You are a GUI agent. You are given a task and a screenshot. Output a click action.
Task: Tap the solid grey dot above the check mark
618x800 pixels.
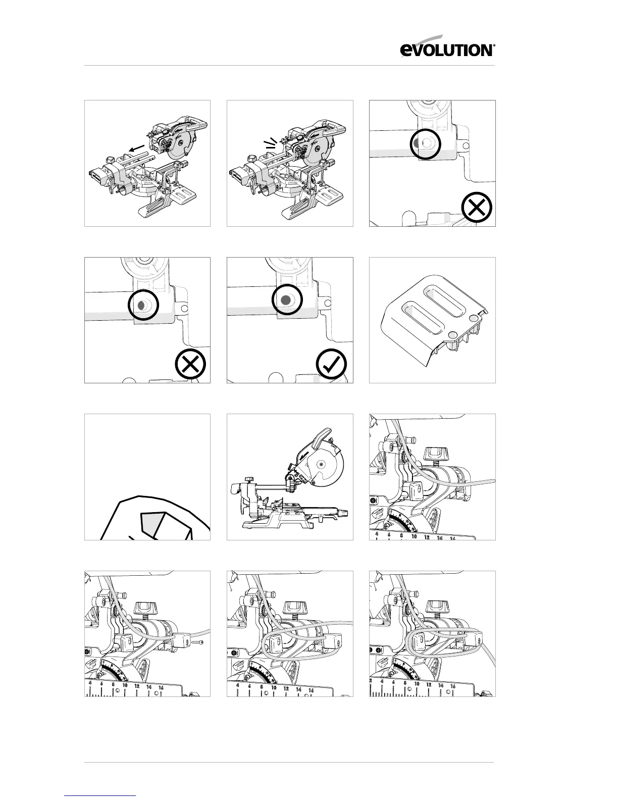[285, 300]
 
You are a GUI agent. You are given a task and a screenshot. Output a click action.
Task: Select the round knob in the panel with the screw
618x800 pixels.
[143, 608]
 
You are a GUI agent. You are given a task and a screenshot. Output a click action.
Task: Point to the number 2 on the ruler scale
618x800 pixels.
[372, 686]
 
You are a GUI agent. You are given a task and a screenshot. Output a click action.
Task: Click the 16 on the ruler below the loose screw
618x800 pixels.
[161, 687]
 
